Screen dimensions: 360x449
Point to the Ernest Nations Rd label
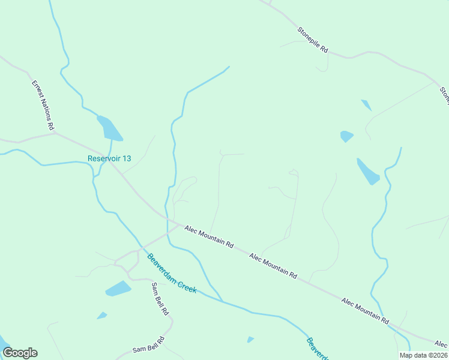[x=43, y=106]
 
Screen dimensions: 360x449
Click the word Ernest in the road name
[x=37, y=90]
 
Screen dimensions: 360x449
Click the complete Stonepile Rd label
[x=313, y=40]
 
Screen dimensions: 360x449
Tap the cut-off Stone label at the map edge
[x=444, y=95]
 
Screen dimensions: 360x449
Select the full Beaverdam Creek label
[x=172, y=272]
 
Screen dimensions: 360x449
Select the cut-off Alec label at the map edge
[x=441, y=344]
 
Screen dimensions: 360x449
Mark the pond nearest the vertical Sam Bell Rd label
[x=118, y=289]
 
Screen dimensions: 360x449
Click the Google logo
[x=20, y=353]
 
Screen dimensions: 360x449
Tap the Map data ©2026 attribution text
[x=423, y=355]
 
